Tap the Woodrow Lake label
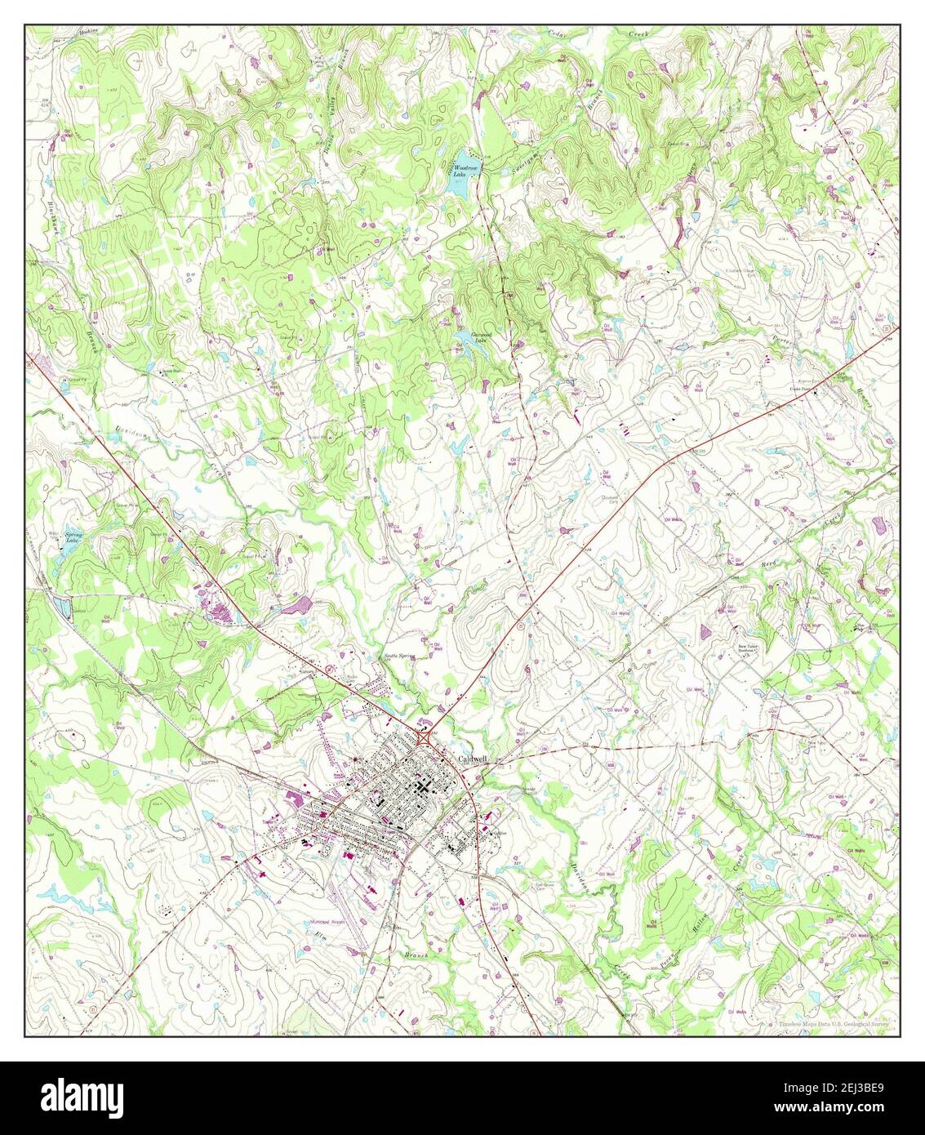point(463,169)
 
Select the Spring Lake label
point(73,539)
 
